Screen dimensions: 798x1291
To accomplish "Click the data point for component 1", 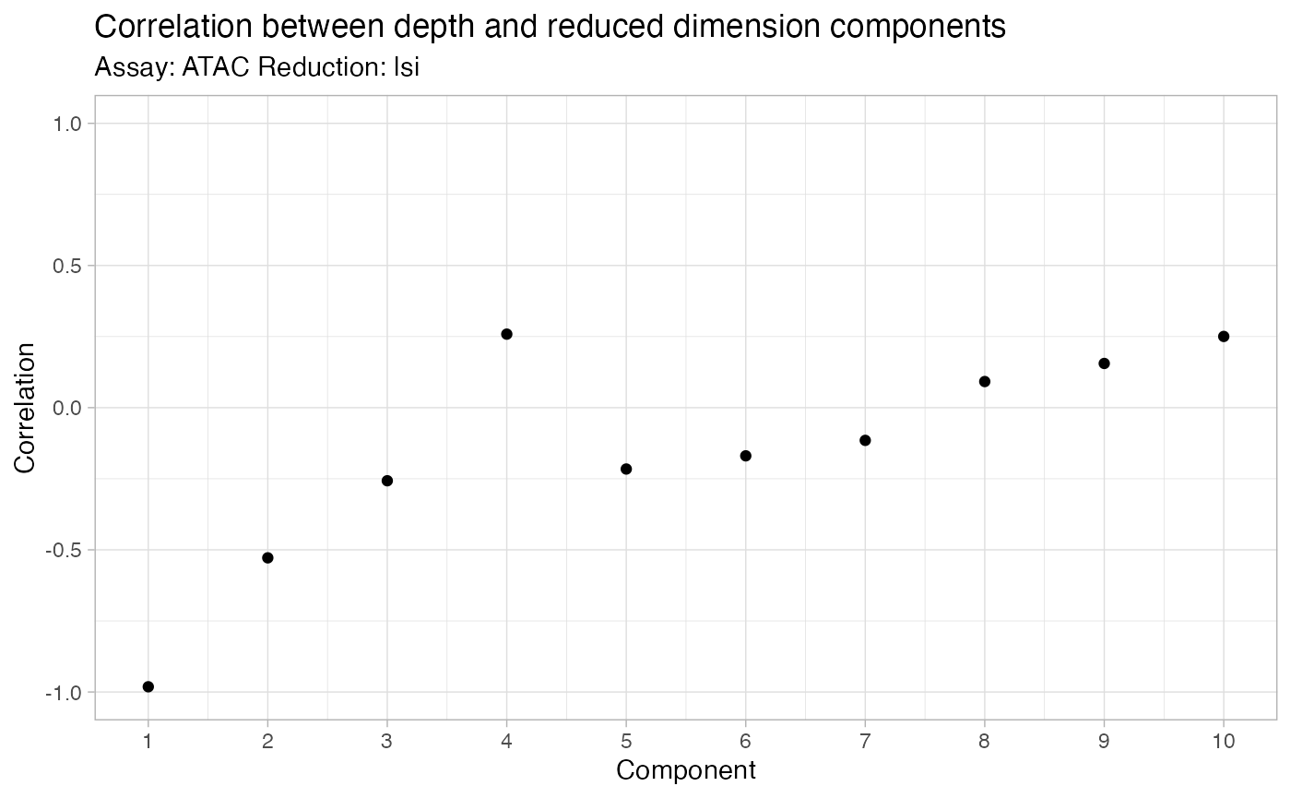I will pos(148,686).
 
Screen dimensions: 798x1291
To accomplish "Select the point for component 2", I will pos(267,557).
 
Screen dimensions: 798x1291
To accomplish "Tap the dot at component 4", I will pos(506,334).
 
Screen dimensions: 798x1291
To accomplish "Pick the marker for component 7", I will pos(865,440).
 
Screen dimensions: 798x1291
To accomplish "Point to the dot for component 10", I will pos(1224,336).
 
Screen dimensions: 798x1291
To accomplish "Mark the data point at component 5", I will pos(626,469).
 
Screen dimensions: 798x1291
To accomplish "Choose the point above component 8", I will pos(985,381).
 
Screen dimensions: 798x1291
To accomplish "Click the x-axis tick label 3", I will pos(387,741).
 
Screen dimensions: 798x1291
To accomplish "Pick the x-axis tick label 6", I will pos(746,741).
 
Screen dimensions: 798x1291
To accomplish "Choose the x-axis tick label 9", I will pos(1104,741).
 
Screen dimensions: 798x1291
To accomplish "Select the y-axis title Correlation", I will pos(26,408).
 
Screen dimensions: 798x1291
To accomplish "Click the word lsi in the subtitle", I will pos(407,67).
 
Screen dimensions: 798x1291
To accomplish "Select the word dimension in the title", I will pos(771,28).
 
